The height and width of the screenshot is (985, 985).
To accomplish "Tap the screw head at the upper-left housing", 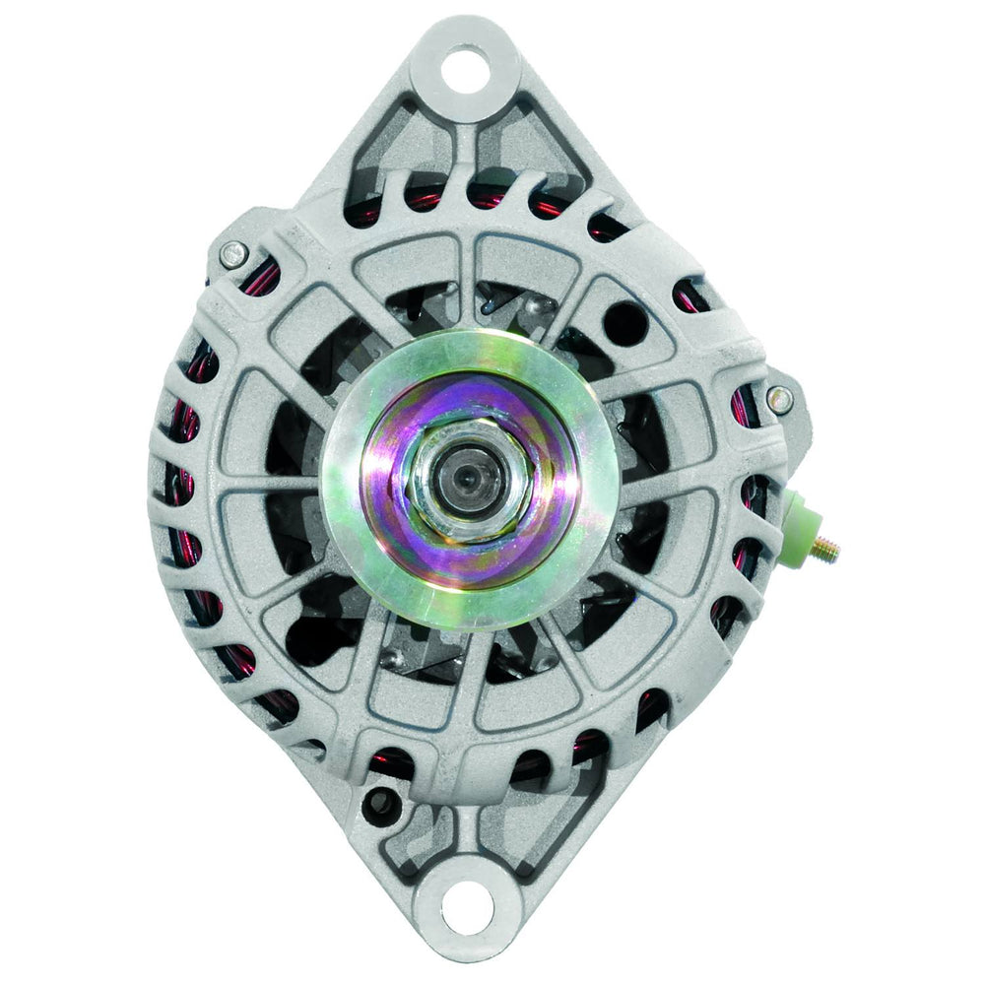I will pos(231,253).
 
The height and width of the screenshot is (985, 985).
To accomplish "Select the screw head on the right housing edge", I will pos(779,399).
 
